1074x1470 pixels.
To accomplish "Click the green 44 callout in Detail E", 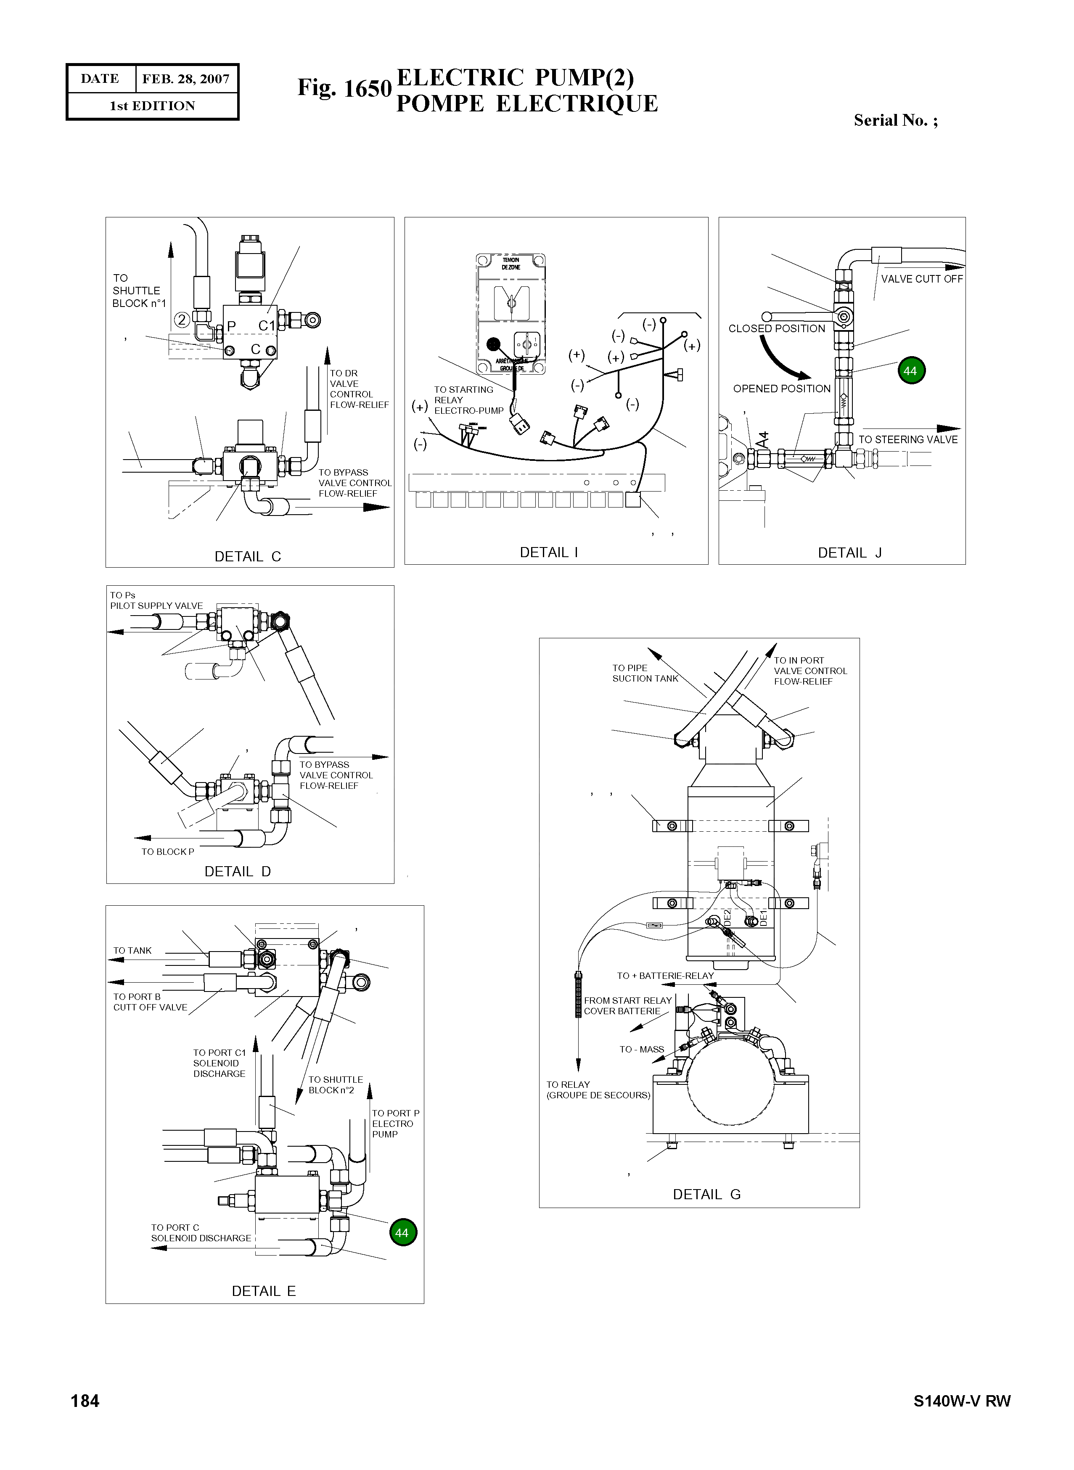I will [402, 1233].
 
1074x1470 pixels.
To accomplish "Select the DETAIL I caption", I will [549, 553].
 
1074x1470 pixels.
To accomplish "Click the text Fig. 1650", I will [344, 88].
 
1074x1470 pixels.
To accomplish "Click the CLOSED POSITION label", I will [776, 329].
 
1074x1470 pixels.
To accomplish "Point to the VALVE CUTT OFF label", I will [921, 279].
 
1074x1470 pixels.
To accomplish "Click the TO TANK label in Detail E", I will [132, 951].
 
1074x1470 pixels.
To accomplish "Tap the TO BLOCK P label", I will [168, 852].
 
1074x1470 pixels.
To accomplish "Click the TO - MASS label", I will [642, 1050].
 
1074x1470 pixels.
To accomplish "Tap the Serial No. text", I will [895, 120].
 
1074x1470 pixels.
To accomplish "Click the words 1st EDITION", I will [152, 106].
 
